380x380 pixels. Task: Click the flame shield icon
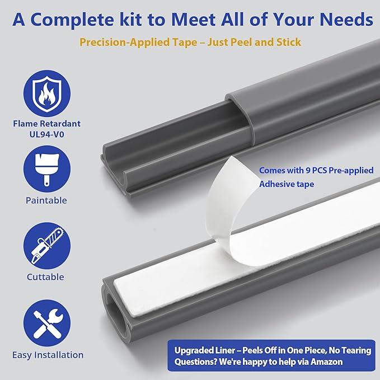click(47, 93)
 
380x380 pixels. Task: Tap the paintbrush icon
click(47, 169)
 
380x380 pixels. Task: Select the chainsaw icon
click(47, 246)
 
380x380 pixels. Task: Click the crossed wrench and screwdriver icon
click(47, 323)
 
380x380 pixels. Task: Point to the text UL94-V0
click(47, 134)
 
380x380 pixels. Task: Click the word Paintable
click(46, 200)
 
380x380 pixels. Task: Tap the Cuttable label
click(45, 277)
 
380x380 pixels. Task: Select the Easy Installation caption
click(48, 355)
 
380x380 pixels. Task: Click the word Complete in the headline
click(72, 20)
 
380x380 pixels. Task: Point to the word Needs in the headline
click(346, 19)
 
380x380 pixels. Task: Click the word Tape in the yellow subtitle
click(185, 43)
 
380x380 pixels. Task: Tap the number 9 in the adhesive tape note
click(308, 170)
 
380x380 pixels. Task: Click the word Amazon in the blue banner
click(326, 362)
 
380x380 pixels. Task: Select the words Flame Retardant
click(47, 124)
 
